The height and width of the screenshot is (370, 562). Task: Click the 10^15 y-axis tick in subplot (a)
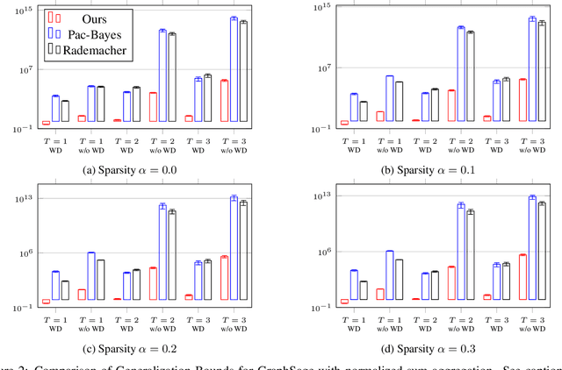pyautogui.click(x=20, y=9)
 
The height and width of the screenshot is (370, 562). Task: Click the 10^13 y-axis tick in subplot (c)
pyautogui.click(x=20, y=196)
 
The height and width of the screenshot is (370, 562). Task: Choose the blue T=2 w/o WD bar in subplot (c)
pyautogui.click(x=162, y=254)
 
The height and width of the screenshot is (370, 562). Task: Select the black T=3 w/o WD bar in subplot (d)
pyautogui.click(x=542, y=253)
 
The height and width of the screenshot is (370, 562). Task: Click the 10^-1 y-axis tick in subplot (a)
pyautogui.click(x=20, y=129)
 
